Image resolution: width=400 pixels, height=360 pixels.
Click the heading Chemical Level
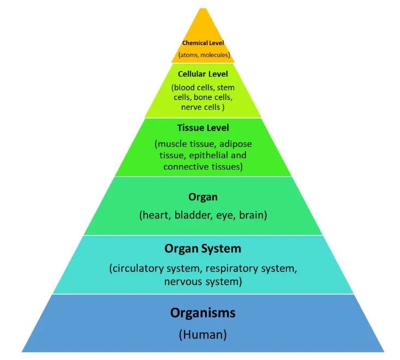[203, 42]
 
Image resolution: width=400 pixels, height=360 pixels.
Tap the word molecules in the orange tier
[214, 54]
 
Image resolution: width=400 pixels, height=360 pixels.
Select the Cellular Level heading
[203, 73]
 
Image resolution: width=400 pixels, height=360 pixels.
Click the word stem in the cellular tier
[225, 87]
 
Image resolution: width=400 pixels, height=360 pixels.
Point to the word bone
[204, 97]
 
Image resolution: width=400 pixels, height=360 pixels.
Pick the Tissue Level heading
[203, 128]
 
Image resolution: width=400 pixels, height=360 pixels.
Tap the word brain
[251, 215]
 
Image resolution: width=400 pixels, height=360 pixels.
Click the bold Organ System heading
[202, 249]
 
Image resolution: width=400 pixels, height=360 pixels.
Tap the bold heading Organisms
[202, 313]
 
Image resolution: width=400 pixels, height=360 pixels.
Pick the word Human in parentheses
[202, 335]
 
